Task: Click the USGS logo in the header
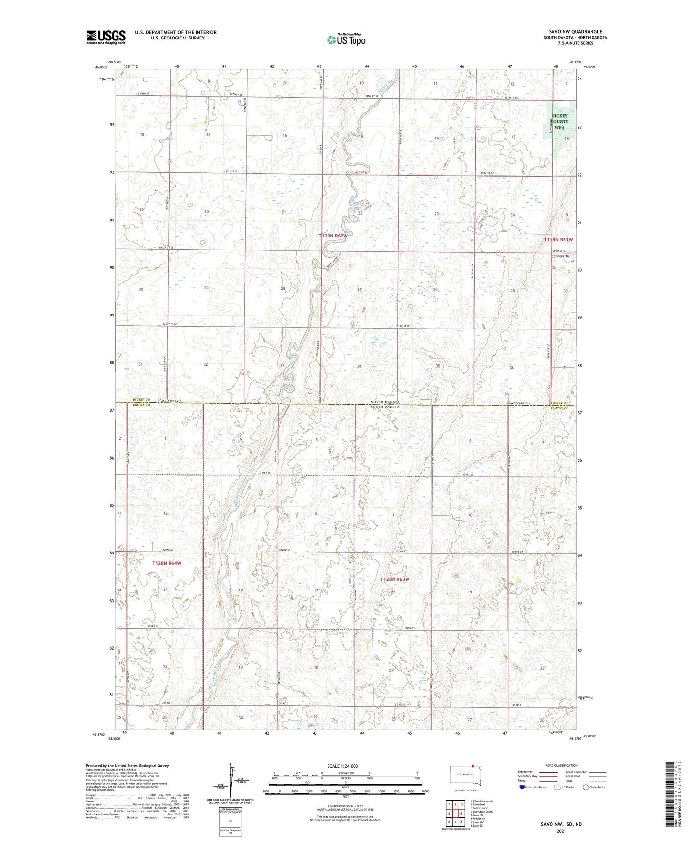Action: point(106,37)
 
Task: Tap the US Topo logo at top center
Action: point(345,40)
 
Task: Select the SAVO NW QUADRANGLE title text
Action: point(575,32)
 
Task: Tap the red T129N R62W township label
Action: point(333,236)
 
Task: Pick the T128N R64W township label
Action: point(167,563)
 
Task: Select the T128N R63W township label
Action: point(394,579)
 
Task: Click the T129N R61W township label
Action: point(558,239)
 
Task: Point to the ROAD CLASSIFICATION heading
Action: point(561,765)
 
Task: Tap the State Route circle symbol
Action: point(586,788)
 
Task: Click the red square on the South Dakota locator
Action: point(473,769)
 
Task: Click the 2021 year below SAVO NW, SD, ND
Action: point(561,831)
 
